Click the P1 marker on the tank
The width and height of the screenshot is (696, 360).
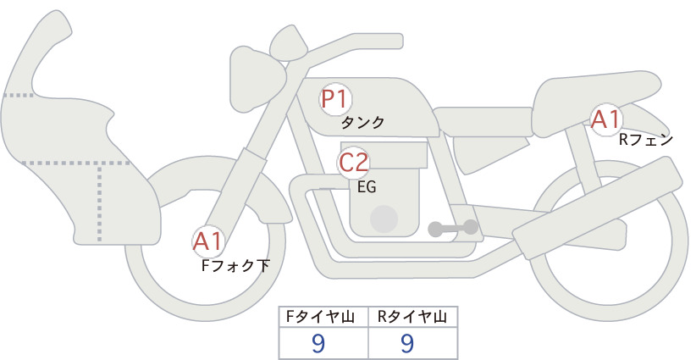coord(335,99)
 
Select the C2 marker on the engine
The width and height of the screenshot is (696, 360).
coord(353,163)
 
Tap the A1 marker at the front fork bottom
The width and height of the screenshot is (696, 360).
coord(208,242)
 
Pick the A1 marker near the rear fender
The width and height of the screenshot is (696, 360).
coord(606,119)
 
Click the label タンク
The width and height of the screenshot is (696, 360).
coord(362,123)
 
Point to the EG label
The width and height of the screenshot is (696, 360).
coord(367,187)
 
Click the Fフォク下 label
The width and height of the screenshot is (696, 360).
coord(235,266)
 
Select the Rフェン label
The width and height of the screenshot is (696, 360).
coord(646,141)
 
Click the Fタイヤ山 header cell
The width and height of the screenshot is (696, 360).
coord(323,317)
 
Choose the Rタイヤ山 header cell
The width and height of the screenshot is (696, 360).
coord(413,317)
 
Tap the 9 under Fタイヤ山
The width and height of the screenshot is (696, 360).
coord(318,343)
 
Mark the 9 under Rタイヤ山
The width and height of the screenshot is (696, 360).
coord(407,343)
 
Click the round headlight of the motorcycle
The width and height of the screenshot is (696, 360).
coord(257,79)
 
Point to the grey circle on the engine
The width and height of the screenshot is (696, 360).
coord(384,219)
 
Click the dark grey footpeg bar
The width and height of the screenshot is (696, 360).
coord(453,228)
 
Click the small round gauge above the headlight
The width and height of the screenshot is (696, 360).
coord(289,43)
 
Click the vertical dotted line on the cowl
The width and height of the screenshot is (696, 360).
coord(99,202)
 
